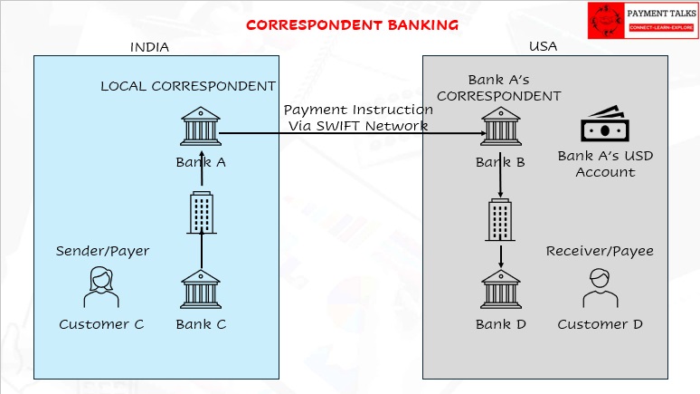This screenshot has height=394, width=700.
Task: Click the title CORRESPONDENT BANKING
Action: (x=352, y=24)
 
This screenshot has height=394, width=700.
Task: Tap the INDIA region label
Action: (x=150, y=47)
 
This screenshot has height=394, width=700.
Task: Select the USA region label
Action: (x=543, y=47)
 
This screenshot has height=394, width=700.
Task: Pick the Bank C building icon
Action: (x=201, y=289)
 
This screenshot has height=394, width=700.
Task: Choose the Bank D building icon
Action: (x=500, y=289)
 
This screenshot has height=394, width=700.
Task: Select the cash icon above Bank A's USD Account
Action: (x=604, y=126)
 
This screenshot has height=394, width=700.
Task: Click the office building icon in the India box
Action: (x=201, y=211)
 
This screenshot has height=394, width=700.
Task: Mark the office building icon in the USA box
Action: (x=500, y=220)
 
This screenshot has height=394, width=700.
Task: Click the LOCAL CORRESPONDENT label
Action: (x=188, y=87)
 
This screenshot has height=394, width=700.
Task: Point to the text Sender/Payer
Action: (x=102, y=251)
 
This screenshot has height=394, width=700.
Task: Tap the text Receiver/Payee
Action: (x=599, y=251)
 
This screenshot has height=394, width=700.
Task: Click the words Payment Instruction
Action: (x=358, y=110)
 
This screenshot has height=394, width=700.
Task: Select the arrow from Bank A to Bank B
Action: (x=353, y=134)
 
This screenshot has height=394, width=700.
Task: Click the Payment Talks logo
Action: (x=641, y=20)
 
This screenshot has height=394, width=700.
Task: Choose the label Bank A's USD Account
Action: (x=605, y=164)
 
